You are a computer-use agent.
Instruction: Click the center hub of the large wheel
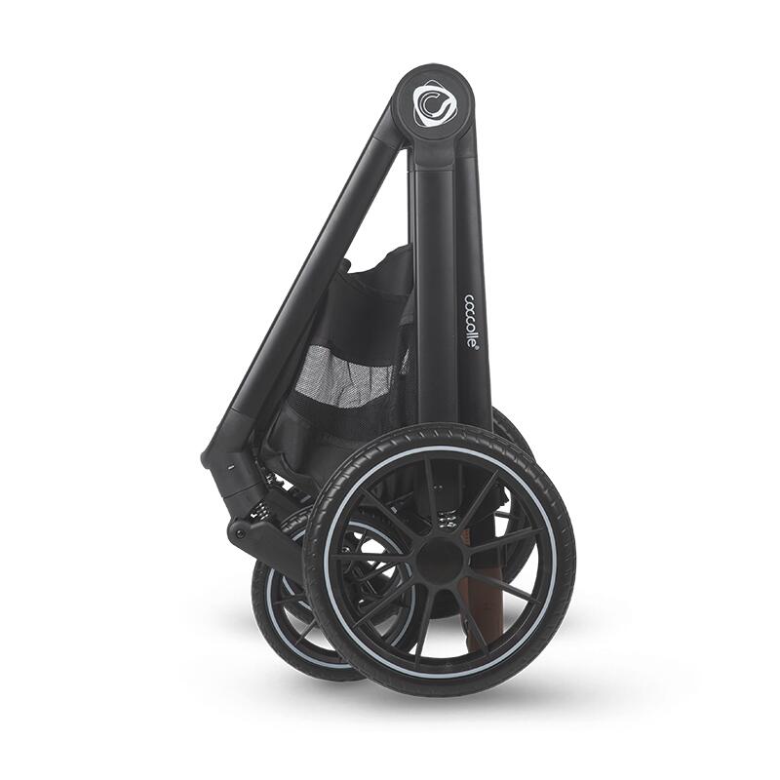440,559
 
